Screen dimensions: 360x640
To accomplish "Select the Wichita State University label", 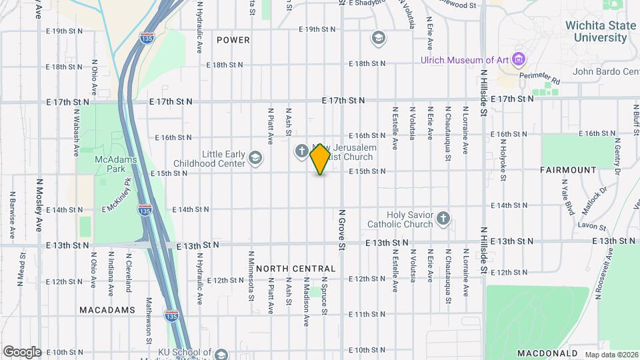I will (x=596, y=31).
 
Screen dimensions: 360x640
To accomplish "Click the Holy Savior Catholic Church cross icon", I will (x=443, y=218).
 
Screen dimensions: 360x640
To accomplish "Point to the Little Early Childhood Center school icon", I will (x=255, y=158).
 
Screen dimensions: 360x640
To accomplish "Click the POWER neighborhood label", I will (x=233, y=40).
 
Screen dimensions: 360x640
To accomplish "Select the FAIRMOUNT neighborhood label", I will (x=569, y=170).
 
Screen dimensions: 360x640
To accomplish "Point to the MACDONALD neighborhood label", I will (x=547, y=353).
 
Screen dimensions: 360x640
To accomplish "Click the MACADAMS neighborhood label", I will (x=107, y=310).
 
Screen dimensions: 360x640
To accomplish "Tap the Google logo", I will (x=22, y=351).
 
